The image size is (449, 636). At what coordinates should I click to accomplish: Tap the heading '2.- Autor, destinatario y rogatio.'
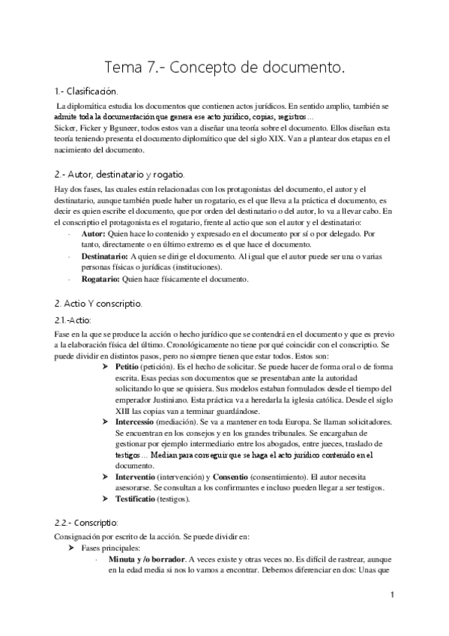coord(115,175)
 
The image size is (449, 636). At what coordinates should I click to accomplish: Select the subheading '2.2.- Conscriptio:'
coord(86,522)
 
